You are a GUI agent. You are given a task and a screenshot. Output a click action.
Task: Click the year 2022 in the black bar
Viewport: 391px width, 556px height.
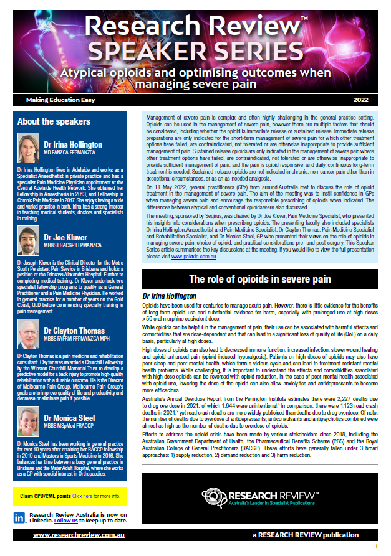(360, 100)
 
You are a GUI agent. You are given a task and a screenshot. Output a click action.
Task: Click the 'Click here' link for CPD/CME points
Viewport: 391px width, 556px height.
(82, 496)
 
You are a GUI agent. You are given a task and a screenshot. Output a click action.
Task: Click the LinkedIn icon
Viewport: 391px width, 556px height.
(21, 517)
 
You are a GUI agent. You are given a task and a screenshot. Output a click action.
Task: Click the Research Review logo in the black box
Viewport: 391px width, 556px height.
(259, 497)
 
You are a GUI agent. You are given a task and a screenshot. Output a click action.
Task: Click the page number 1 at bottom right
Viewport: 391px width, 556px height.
(376, 546)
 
